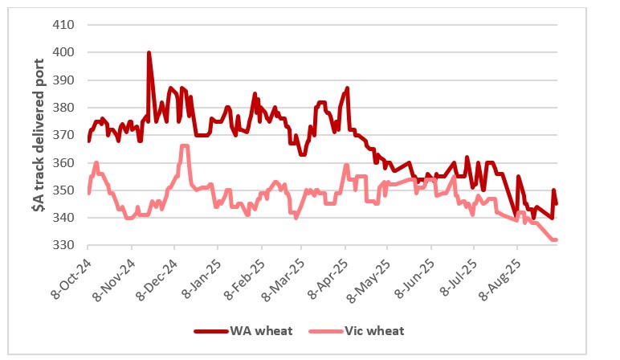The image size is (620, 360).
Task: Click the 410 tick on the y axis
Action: (63, 24)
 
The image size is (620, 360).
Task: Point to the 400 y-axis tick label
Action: (63, 52)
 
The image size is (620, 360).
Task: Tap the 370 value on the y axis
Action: (63, 135)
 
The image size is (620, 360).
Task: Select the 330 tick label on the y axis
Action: (63, 245)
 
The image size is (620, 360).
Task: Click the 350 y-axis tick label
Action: (63, 190)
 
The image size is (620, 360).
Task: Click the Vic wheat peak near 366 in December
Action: (184, 146)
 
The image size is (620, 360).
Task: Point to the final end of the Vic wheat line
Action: (556, 240)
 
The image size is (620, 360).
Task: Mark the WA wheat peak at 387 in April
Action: (347, 88)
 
